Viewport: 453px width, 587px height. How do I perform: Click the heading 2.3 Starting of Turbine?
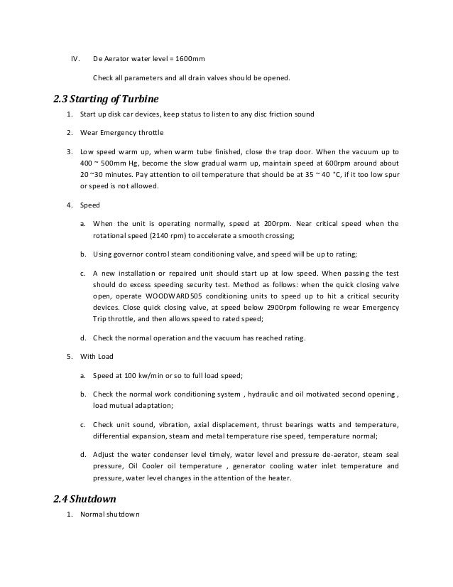[107, 97]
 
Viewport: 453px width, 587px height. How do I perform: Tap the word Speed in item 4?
[90, 205]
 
